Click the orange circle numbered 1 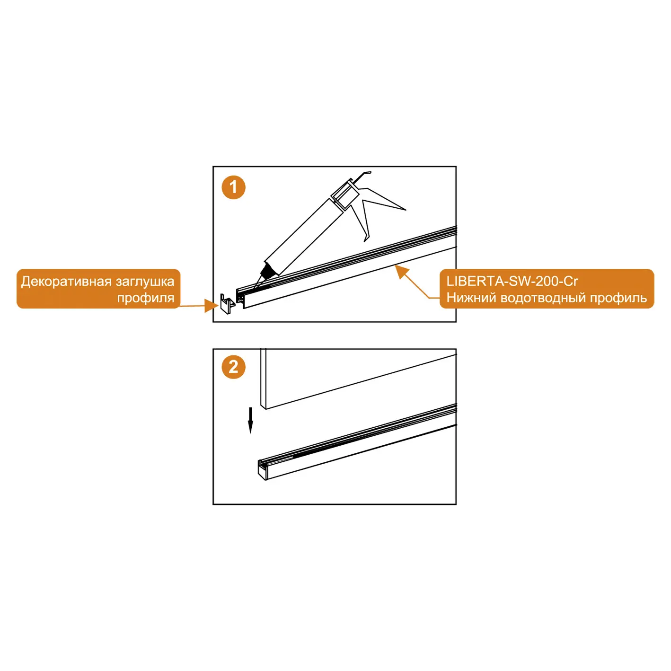[233, 187]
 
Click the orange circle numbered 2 [233, 367]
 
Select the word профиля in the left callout [146, 299]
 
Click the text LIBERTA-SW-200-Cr [512, 281]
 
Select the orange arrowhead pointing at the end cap [211, 306]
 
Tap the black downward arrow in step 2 [250, 420]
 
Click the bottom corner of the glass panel [266, 409]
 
